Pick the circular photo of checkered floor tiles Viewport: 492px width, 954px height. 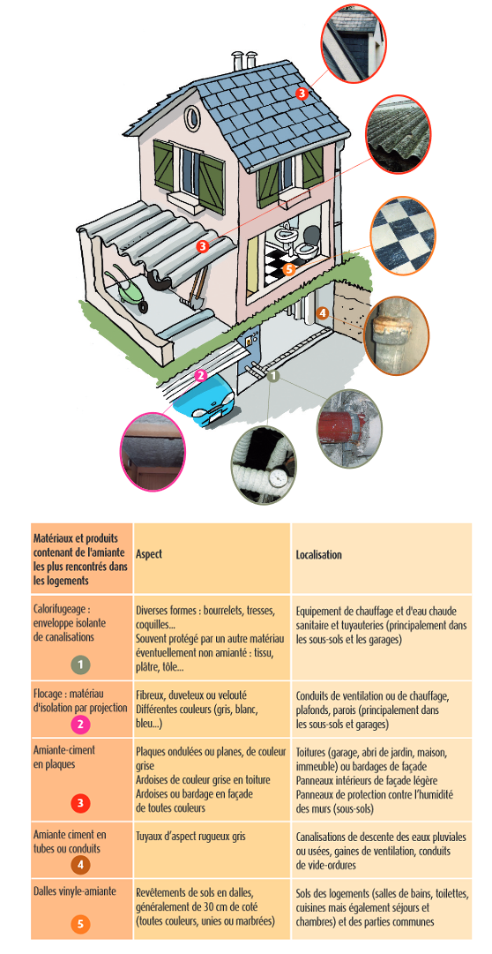pyautogui.click(x=403, y=234)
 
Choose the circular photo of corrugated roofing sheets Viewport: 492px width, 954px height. pyautogui.click(x=399, y=133)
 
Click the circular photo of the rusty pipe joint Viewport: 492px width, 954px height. pyautogui.click(x=396, y=336)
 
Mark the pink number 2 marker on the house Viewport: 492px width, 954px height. pyautogui.click(x=201, y=375)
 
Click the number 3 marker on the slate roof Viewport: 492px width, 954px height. pyautogui.click(x=302, y=94)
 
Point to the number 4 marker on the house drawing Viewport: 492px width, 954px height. pyautogui.click(x=323, y=313)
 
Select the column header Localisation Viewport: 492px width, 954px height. pyautogui.click(x=318, y=555)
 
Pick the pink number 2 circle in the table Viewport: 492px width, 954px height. pyautogui.click(x=80, y=725)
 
